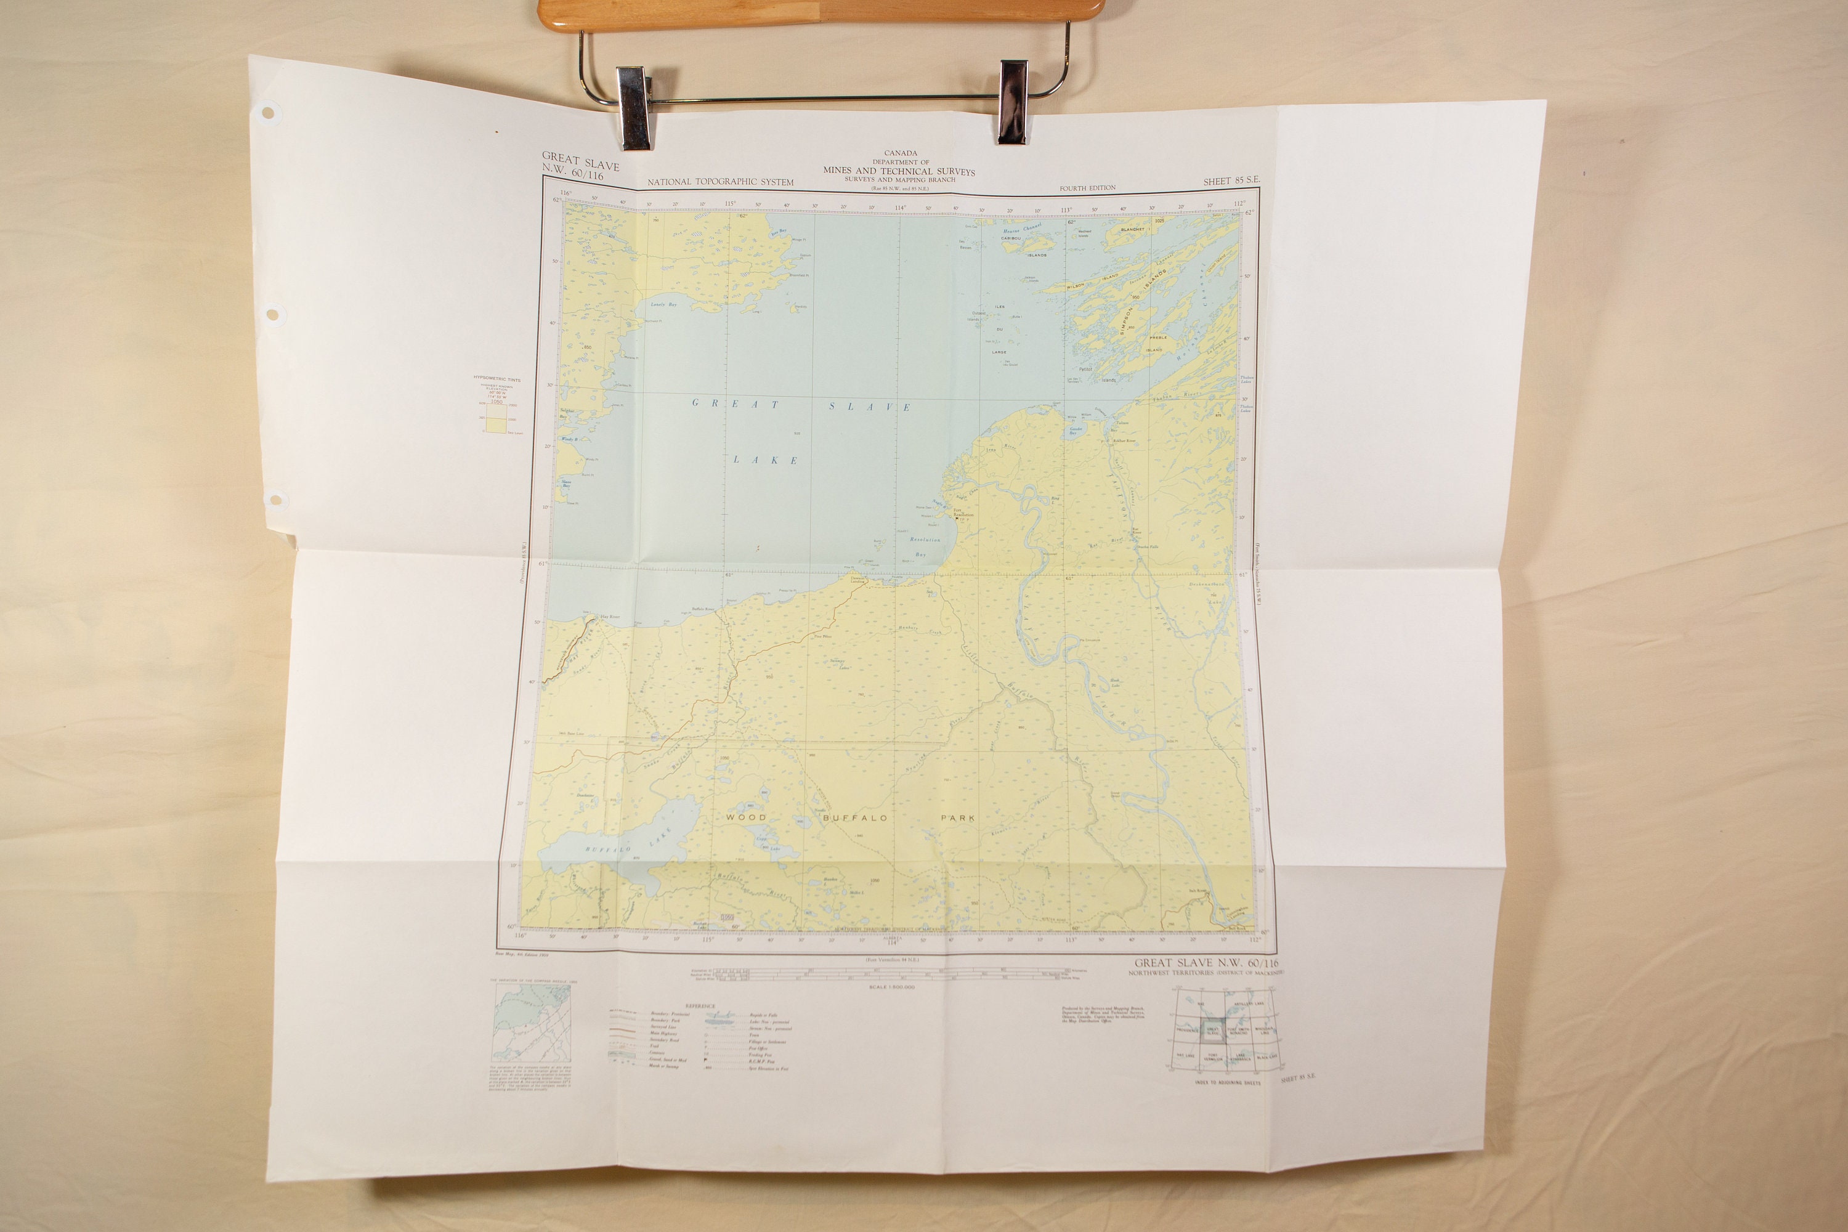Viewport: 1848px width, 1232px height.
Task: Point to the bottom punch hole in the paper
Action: pyautogui.click(x=275, y=499)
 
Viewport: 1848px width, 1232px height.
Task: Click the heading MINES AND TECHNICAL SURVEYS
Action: pyautogui.click(x=899, y=171)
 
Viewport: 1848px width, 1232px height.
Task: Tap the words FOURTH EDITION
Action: pyautogui.click(x=1087, y=188)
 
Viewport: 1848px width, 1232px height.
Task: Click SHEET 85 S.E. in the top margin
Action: pyautogui.click(x=1231, y=180)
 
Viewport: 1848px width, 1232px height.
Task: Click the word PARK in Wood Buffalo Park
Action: pyautogui.click(x=958, y=818)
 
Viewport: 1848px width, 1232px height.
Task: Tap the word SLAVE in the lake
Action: pyautogui.click(x=870, y=407)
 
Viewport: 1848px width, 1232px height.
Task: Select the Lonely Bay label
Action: pyautogui.click(x=663, y=305)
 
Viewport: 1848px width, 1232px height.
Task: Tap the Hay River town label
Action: pyautogui.click(x=610, y=617)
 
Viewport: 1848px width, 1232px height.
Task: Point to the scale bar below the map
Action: pyautogui.click(x=878, y=975)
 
